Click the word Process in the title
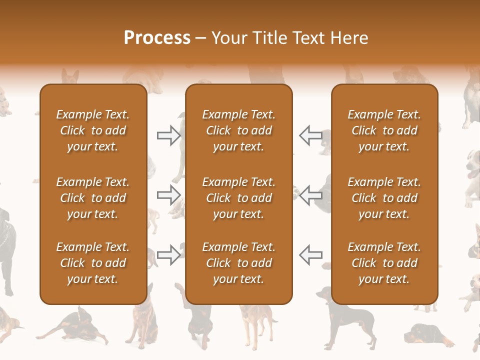(x=157, y=38)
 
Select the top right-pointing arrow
(x=168, y=135)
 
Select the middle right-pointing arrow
(x=168, y=195)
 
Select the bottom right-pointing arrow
(x=168, y=255)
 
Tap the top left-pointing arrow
(x=311, y=135)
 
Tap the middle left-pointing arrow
(x=311, y=195)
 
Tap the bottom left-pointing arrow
(x=311, y=255)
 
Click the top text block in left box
(x=93, y=130)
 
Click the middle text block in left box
(x=93, y=198)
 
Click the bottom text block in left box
(x=93, y=263)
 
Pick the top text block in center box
(x=238, y=130)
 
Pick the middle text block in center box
(x=238, y=198)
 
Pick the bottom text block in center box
(x=238, y=263)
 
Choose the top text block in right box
(x=384, y=130)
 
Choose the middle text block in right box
(x=384, y=198)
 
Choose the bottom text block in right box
(x=384, y=263)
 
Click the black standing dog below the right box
(x=350, y=320)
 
